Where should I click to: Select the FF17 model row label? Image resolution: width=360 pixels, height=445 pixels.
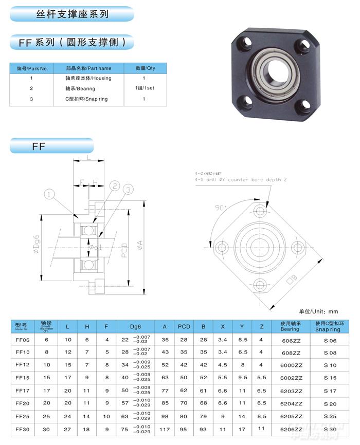[23, 391]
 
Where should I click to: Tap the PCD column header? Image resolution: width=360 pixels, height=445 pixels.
[184, 326]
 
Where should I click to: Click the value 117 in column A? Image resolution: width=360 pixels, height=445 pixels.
[165, 429]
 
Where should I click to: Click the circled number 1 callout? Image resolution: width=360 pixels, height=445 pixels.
[50, 194]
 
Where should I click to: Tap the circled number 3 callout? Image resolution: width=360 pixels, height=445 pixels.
[128, 189]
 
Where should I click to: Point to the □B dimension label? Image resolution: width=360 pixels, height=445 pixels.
[292, 279]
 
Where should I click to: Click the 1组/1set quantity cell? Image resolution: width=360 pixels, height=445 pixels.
[143, 88]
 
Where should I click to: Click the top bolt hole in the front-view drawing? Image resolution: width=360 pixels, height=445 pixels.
[260, 210]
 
